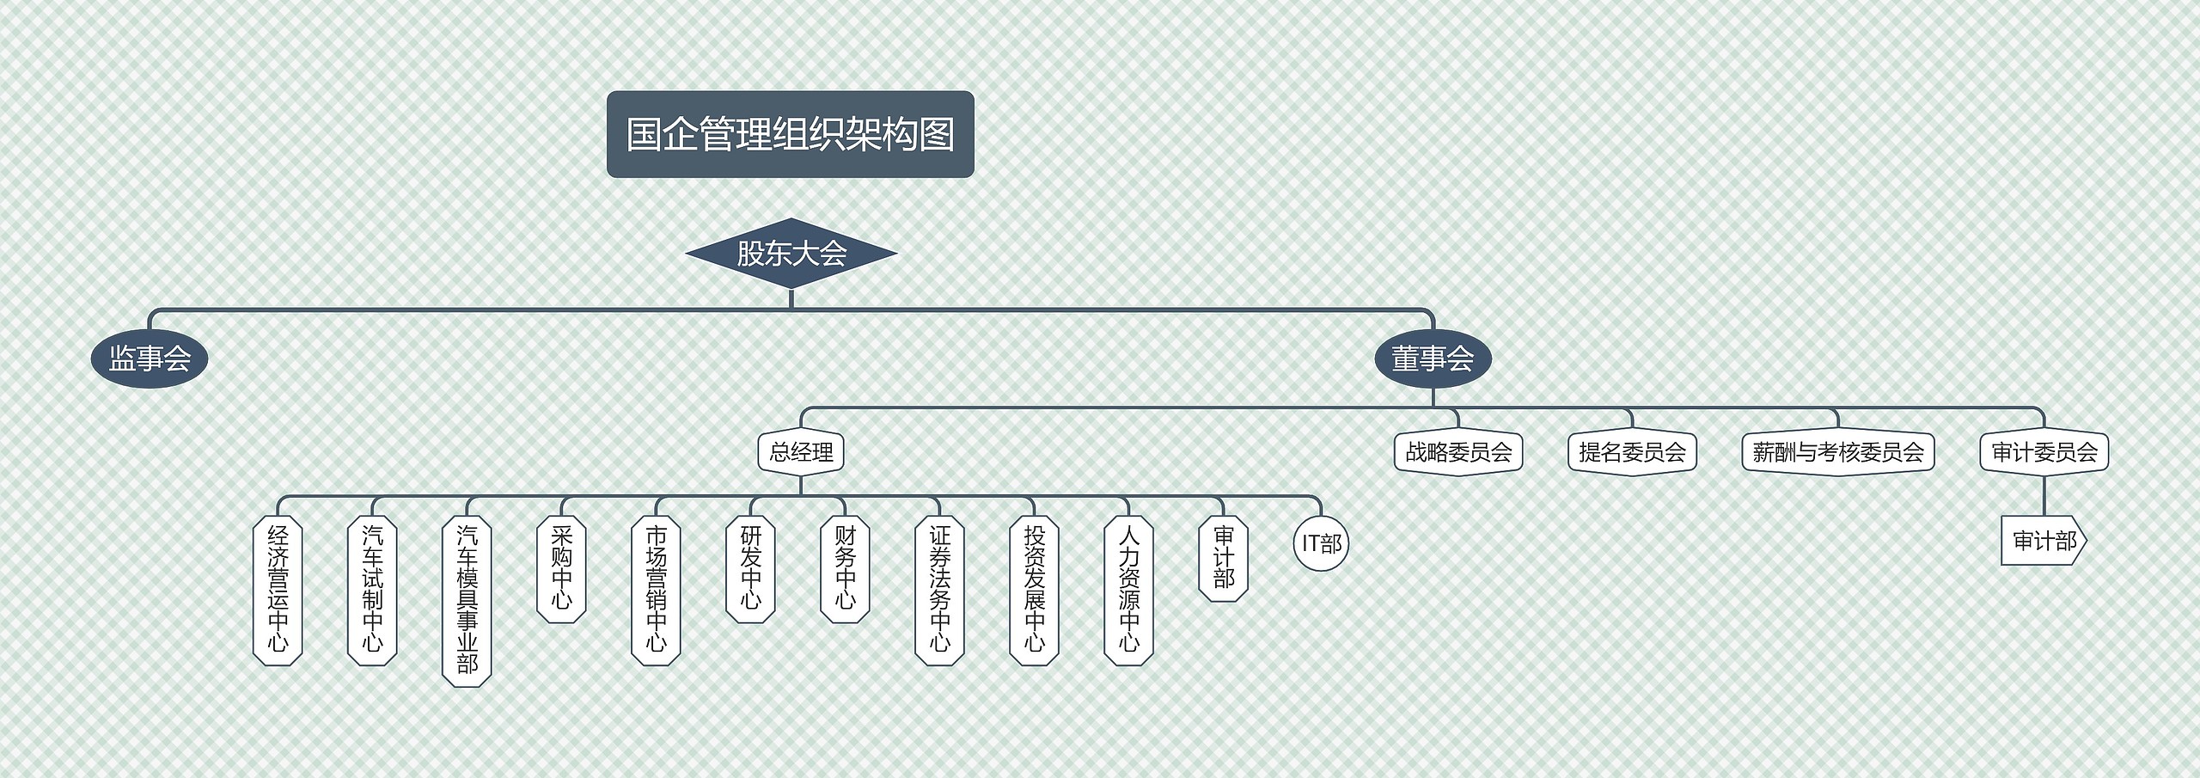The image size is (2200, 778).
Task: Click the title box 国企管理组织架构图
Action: pyautogui.click(x=790, y=135)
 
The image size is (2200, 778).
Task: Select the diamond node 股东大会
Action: pyautogui.click(x=791, y=254)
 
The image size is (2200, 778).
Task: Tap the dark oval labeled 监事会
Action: pyautogui.click(x=150, y=358)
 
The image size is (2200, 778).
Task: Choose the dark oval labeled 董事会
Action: pyautogui.click(x=1433, y=358)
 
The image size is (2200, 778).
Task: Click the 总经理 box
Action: pyautogui.click(x=801, y=452)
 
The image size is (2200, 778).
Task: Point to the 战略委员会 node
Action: pyautogui.click(x=1458, y=452)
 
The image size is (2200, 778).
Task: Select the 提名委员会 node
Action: pyautogui.click(x=1632, y=452)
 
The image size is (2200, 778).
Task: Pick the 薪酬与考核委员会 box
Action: pyautogui.click(x=1838, y=452)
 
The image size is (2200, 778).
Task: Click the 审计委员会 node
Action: pyautogui.click(x=2044, y=452)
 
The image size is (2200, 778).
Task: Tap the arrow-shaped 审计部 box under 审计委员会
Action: pyautogui.click(x=2044, y=541)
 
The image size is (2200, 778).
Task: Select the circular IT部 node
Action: pyautogui.click(x=1321, y=543)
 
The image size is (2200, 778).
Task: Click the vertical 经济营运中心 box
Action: pyautogui.click(x=278, y=590)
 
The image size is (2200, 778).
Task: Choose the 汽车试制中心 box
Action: pyautogui.click(x=372, y=590)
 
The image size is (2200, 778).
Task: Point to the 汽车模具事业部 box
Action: pyautogui.click(x=467, y=601)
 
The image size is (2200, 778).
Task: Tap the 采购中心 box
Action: pyautogui.click(x=561, y=568)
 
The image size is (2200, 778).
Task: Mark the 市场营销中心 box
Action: pyautogui.click(x=656, y=590)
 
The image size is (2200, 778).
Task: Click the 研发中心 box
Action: pyautogui.click(x=750, y=568)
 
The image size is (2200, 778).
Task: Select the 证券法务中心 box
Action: pyautogui.click(x=939, y=590)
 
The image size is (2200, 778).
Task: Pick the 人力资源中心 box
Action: pyautogui.click(x=1128, y=590)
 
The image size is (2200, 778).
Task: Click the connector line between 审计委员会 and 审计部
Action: pyautogui.click(x=2044, y=495)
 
